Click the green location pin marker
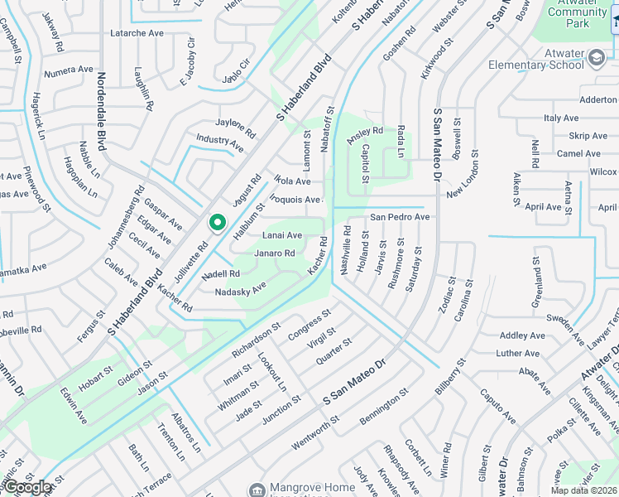point(217,223)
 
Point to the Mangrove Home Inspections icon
point(257,489)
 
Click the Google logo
point(27,487)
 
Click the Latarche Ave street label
point(137,34)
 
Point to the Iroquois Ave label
point(295,200)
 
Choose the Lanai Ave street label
point(282,235)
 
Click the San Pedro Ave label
point(400,217)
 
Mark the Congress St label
point(309,324)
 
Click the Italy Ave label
point(561,119)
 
